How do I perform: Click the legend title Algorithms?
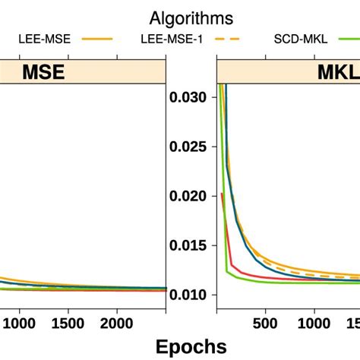(191, 17)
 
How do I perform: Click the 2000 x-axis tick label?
(117, 321)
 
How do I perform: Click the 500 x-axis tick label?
(265, 321)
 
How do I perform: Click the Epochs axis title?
(191, 346)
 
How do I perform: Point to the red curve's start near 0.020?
(221, 194)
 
